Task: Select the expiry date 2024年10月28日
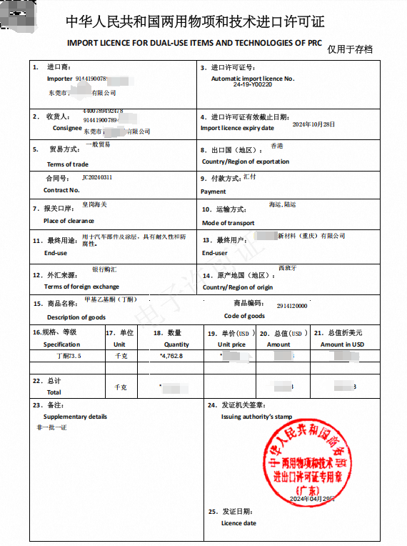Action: tap(313, 124)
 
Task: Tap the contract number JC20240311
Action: tap(97, 177)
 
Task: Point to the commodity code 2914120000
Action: tap(291, 306)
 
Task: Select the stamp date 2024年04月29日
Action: tap(313, 499)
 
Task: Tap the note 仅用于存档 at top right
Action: tap(350, 49)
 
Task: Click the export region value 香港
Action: tap(276, 146)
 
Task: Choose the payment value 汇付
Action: tap(249, 175)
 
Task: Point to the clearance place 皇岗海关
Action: tap(95, 204)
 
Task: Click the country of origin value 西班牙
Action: tap(286, 268)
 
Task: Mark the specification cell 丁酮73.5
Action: tap(69, 355)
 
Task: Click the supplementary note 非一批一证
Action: tap(51, 427)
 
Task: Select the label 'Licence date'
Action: tap(238, 523)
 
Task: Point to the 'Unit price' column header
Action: tap(231, 344)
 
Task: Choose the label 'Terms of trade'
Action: tap(68, 164)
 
